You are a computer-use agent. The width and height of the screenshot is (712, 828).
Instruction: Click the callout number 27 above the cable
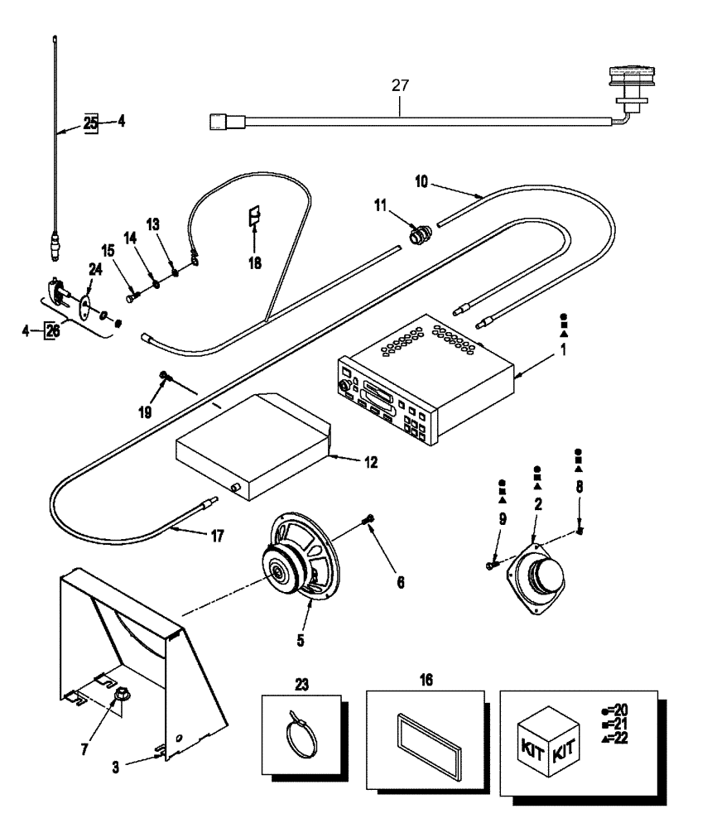tap(400, 84)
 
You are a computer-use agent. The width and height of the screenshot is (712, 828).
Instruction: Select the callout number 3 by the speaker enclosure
tap(116, 768)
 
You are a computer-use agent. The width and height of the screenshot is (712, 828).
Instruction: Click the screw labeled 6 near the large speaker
tap(369, 519)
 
